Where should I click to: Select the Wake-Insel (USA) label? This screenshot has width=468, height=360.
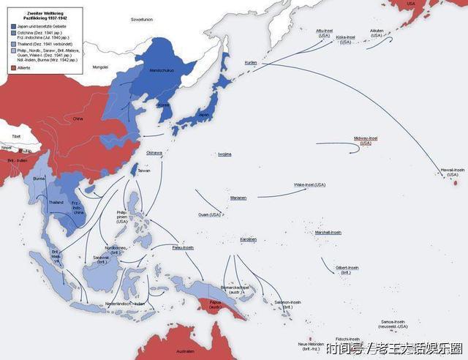tap(309, 184)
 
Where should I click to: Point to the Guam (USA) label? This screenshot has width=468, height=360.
tap(209, 214)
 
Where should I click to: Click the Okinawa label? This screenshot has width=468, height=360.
tap(154, 152)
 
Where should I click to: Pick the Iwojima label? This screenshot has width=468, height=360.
tap(224, 154)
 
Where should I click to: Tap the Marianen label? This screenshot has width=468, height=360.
tap(238, 198)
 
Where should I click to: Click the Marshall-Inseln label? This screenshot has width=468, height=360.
tap(328, 232)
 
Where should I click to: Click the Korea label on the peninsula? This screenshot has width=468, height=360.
tap(164, 105)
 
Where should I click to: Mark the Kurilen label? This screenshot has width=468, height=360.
tap(252, 63)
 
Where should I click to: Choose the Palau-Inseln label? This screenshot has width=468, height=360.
tap(183, 247)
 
